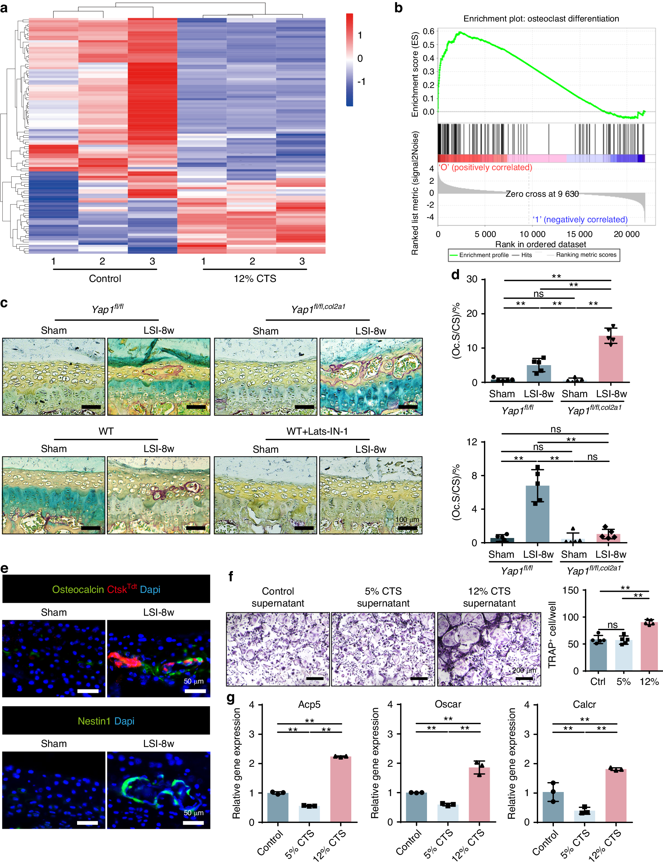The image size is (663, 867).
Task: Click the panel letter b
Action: pyautogui.click(x=399, y=8)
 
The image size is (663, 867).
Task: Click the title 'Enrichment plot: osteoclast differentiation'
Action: pyautogui.click(x=541, y=18)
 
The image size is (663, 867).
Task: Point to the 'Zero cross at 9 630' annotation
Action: pyautogui.click(x=542, y=194)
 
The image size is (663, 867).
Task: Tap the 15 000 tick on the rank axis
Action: pyautogui.click(x=579, y=234)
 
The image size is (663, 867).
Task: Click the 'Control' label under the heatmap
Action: pyautogui.click(x=105, y=279)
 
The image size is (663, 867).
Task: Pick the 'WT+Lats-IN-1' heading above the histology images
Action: pyautogui.click(x=317, y=431)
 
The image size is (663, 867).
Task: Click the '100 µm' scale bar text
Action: pyautogui.click(x=407, y=520)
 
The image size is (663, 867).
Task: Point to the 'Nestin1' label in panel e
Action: pyautogui.click(x=94, y=721)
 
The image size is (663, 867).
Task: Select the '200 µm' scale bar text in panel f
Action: pyautogui.click(x=524, y=670)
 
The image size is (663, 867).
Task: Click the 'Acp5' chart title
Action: pyautogui.click(x=309, y=704)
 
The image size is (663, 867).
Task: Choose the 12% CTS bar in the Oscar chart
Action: pyautogui.click(x=479, y=794)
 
